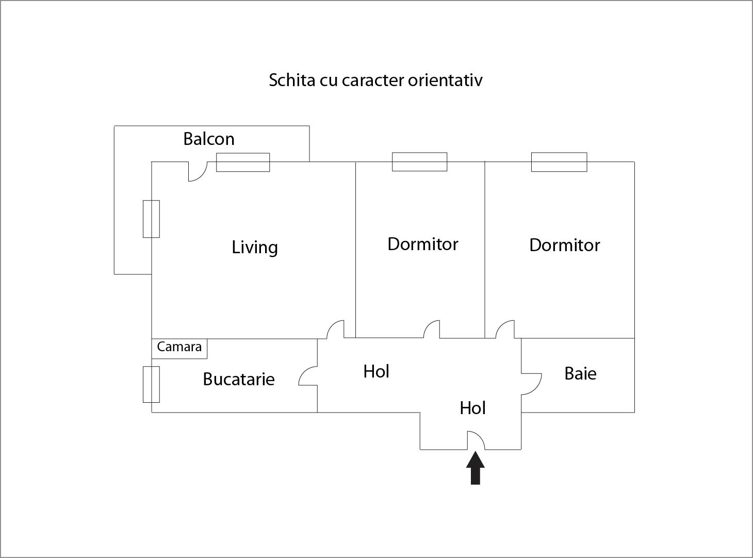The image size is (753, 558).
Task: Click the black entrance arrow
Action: point(476,468)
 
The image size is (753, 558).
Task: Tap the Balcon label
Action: point(209,139)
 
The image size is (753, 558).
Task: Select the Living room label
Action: point(255,247)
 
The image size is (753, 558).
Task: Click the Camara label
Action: point(179,347)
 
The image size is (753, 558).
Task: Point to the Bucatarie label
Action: point(239,379)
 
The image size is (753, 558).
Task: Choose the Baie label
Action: point(580,373)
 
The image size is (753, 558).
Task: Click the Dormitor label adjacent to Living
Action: point(423,244)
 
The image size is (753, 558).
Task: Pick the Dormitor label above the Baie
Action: point(565,245)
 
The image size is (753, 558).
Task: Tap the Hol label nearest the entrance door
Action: point(472,408)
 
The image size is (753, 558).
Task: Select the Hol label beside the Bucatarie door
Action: point(376,371)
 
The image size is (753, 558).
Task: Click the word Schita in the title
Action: point(292,80)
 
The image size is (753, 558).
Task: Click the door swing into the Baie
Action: point(531,384)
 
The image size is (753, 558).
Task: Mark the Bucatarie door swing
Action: point(308,375)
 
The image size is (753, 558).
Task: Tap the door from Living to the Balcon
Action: point(198,172)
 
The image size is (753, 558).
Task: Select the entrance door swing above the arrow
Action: point(476,440)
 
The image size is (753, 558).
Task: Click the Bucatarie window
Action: point(152,384)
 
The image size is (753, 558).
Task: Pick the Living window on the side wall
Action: point(152,219)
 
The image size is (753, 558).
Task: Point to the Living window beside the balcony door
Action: point(243,162)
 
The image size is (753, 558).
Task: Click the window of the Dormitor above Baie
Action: point(559,162)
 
